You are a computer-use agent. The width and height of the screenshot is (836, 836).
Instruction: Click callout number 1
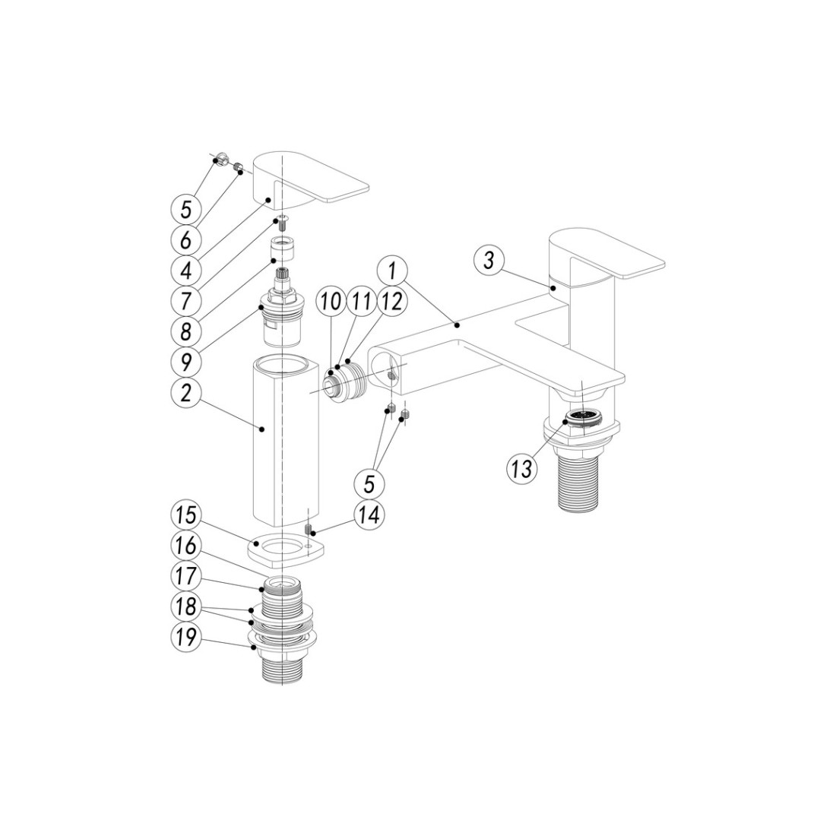pos(392,272)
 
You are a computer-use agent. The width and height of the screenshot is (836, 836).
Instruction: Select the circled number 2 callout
pos(185,394)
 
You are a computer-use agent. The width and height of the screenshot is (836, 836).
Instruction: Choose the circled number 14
pos(369,515)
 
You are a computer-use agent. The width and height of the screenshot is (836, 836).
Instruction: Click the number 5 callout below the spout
pos(369,483)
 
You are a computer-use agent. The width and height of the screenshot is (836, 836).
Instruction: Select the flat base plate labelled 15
pos(287,551)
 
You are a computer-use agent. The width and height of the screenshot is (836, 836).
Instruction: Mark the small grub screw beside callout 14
pos(308,530)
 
